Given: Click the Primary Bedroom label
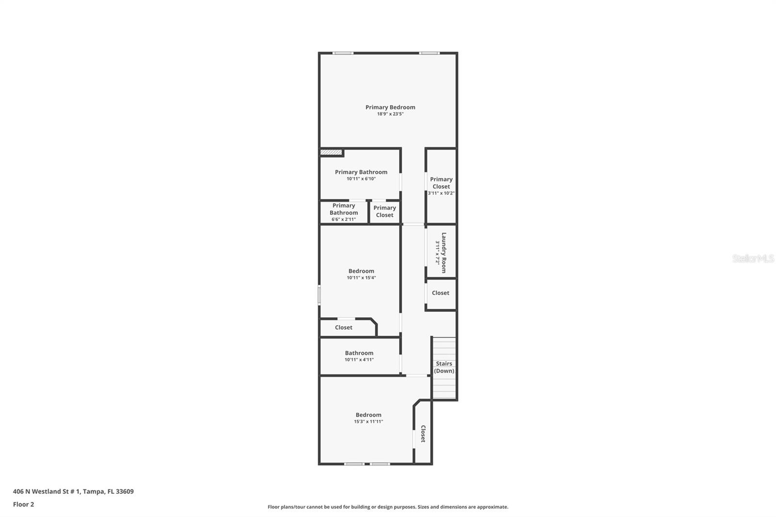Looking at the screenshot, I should [390, 107].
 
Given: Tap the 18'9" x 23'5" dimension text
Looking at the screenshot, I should [390, 114].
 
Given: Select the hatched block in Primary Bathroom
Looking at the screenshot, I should [331, 153].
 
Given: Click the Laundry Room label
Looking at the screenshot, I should [443, 252].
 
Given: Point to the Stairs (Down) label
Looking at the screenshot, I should [444, 367].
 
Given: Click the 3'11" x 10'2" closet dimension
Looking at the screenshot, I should [441, 193].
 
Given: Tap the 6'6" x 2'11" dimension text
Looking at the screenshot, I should [343, 219].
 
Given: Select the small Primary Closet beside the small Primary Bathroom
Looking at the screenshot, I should [385, 211].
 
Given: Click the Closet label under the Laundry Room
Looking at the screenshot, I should [440, 293].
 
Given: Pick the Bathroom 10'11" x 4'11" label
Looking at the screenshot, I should [359, 353].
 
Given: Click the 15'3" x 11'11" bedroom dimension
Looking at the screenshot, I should [368, 422].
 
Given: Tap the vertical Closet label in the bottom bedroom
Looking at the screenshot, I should [423, 434].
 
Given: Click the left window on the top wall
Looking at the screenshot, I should [343, 53].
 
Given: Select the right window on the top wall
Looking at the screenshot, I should [429, 53].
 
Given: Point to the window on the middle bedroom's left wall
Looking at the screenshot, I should [319, 295].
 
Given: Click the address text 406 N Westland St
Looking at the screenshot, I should [73, 491].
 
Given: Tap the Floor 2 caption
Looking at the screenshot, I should [23, 504].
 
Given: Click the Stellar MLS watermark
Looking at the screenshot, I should [753, 258].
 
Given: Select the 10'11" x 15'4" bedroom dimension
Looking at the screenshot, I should [361, 278].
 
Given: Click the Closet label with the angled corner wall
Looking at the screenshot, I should [343, 327].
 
